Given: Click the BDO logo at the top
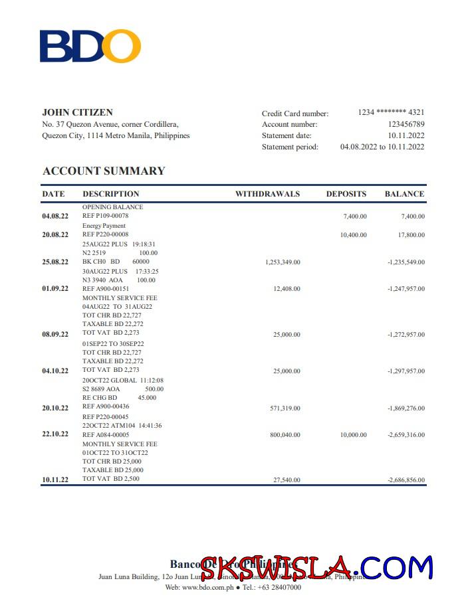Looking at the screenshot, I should (x=90, y=46).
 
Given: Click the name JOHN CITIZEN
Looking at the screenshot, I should (x=77, y=112).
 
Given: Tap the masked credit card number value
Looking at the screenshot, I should (x=391, y=112).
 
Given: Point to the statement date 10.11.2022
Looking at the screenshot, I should (x=406, y=135).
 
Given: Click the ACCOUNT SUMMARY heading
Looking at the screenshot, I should (x=104, y=171).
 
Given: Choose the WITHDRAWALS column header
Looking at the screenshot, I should (x=267, y=194).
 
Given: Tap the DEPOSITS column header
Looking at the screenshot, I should (x=346, y=194).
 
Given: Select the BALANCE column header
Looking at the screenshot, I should (x=404, y=194).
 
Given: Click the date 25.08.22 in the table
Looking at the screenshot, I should (x=55, y=262).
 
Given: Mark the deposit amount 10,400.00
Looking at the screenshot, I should (x=353, y=234).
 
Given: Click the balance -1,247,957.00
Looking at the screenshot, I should (x=405, y=289).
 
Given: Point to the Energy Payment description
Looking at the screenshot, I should (x=104, y=226).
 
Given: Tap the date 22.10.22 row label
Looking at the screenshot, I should (x=55, y=434).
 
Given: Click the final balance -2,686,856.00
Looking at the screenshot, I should (x=405, y=480).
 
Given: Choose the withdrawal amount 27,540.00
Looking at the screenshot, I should (x=287, y=480).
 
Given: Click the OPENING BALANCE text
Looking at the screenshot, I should (x=112, y=207).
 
